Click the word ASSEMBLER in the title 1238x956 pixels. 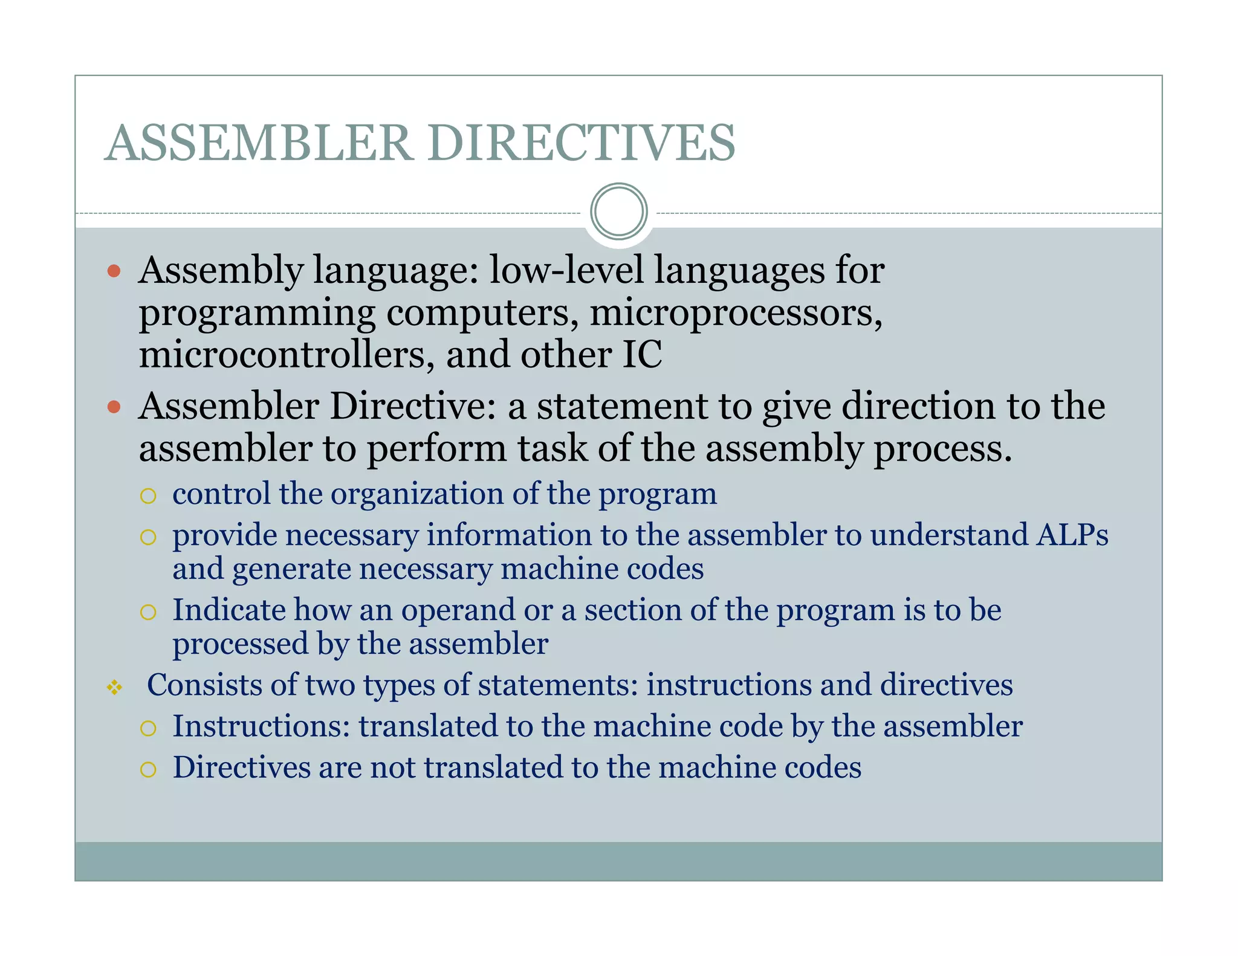(x=259, y=143)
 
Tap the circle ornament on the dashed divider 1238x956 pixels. (x=618, y=212)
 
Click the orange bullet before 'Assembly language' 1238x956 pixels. (x=114, y=271)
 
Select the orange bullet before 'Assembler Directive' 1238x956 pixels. (x=114, y=407)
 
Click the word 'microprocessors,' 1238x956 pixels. (x=736, y=312)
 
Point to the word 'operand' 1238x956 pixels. (x=459, y=610)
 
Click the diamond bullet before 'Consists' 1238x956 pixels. (x=114, y=687)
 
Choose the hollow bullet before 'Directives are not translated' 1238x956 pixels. (x=148, y=769)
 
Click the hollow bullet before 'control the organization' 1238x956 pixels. (x=148, y=496)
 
